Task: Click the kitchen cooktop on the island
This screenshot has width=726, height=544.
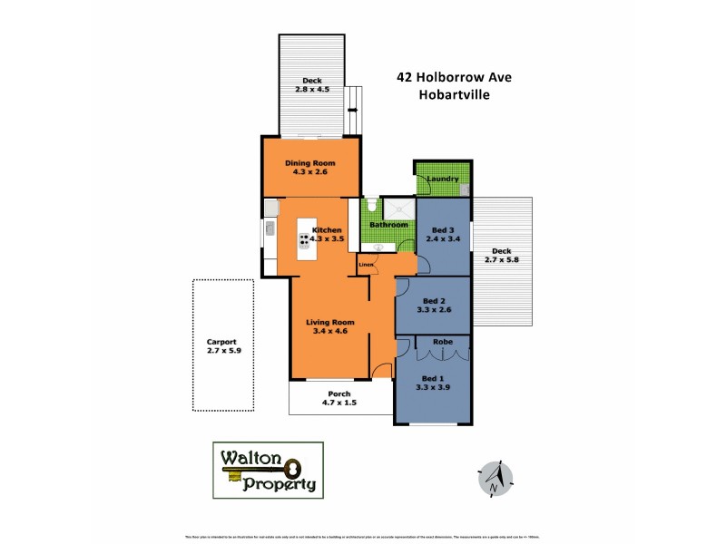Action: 302,240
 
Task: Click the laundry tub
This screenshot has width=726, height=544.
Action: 463,189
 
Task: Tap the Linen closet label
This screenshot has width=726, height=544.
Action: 366,264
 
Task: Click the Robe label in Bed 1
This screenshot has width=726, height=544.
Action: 442,341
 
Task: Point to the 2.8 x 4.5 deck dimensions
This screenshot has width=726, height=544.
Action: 312,90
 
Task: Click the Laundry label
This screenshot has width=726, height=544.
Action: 442,179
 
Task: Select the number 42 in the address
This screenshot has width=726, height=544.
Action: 406,77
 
